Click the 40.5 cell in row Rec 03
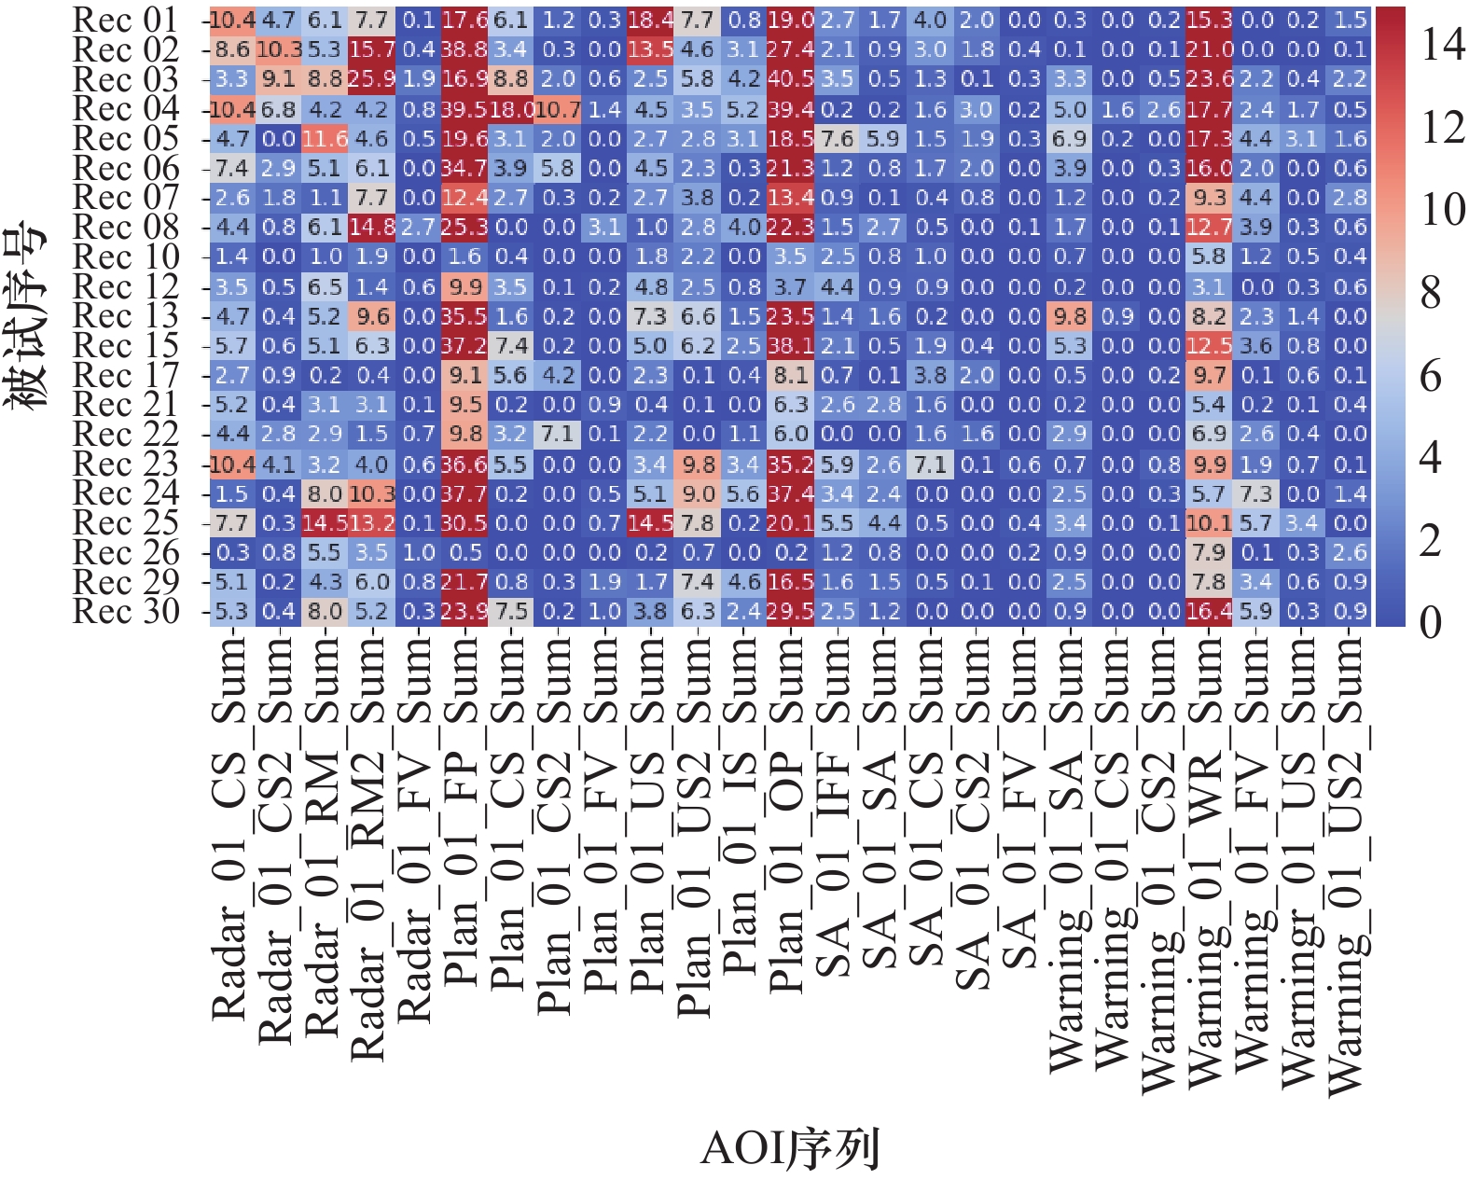click(x=790, y=79)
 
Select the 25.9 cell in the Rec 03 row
click(x=371, y=79)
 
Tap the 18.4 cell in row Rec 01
click(x=650, y=20)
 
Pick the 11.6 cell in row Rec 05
click(x=325, y=139)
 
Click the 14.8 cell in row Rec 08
click(x=371, y=228)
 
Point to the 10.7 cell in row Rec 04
click(x=558, y=109)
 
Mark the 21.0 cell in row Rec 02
click(x=1209, y=49)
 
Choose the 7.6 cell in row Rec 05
click(x=837, y=139)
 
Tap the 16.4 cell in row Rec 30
click(x=1209, y=612)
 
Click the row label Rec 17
click(x=126, y=375)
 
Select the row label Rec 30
click(x=126, y=612)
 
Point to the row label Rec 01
click(x=126, y=20)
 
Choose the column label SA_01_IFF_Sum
click(x=835, y=807)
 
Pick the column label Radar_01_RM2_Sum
click(x=369, y=849)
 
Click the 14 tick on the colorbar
click(x=1442, y=45)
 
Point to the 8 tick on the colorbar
click(x=1431, y=293)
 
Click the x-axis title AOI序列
click(x=789, y=1148)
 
